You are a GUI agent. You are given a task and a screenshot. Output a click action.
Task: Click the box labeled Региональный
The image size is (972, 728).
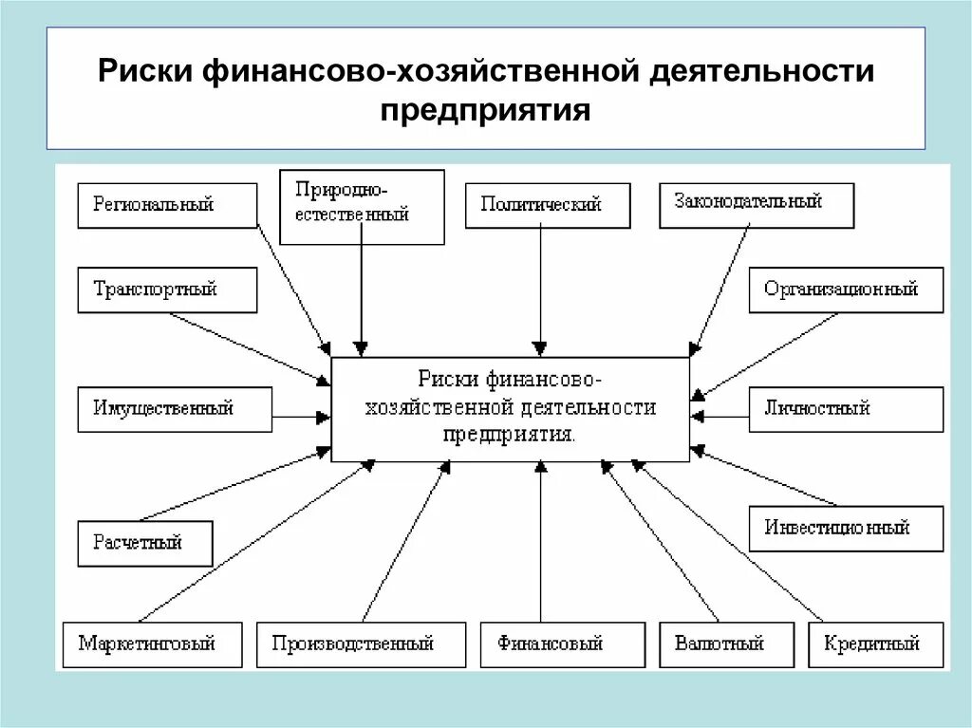pyautogui.click(x=167, y=205)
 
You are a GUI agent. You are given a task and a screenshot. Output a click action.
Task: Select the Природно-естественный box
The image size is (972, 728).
pyautogui.click(x=363, y=207)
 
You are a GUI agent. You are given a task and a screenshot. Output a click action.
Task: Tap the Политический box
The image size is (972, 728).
pyautogui.click(x=547, y=205)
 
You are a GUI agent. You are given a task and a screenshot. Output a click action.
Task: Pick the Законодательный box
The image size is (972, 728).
pyautogui.click(x=756, y=205)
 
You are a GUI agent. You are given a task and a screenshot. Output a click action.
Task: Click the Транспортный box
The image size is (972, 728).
pyautogui.click(x=167, y=289)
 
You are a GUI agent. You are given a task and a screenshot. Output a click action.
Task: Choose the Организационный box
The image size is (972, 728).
pyautogui.click(x=846, y=289)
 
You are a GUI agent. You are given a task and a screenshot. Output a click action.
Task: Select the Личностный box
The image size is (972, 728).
pyautogui.click(x=846, y=409)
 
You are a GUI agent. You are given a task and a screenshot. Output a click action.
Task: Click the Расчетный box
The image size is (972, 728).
pyautogui.click(x=145, y=544)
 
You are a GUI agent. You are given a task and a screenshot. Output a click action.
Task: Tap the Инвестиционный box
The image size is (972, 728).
pyautogui.click(x=846, y=528)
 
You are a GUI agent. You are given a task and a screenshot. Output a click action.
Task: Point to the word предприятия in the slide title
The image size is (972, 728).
pyautogui.click(x=486, y=110)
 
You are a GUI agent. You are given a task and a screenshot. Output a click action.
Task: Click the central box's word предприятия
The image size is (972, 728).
pyautogui.click(x=509, y=435)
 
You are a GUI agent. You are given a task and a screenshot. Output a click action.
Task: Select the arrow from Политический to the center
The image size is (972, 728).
pyautogui.click(x=540, y=289)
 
